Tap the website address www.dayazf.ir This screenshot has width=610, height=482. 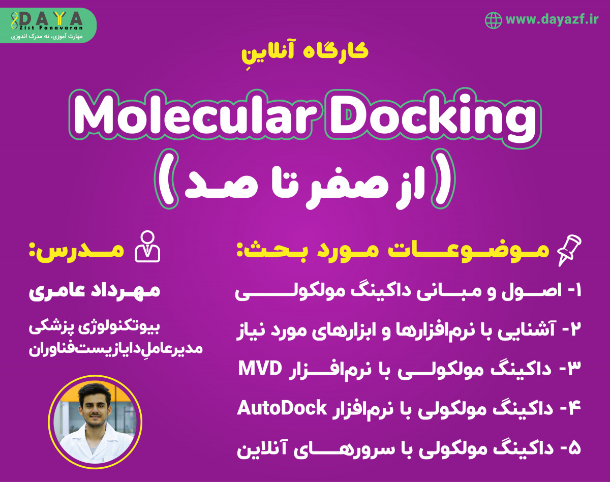[x=553, y=20]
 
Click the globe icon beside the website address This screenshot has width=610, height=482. [x=493, y=20]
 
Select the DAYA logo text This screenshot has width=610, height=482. [x=51, y=18]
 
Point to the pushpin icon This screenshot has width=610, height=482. [x=569, y=252]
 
